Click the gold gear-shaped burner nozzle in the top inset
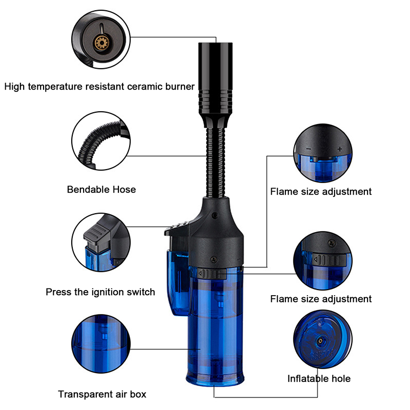tap(101, 43)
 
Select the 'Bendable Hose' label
tap(101, 190)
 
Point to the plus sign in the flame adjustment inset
tap(340, 149)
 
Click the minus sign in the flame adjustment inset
tap(309, 149)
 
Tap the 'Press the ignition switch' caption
tap(100, 292)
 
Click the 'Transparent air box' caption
tap(102, 394)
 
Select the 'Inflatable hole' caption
tap(319, 379)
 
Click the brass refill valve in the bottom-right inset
tap(320, 341)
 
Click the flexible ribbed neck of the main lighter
tap(216, 162)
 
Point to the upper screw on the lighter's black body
tap(215, 215)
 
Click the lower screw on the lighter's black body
tap(214, 259)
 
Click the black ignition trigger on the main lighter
tap(177, 228)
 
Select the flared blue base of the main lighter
tap(215, 375)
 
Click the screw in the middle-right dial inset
tap(332, 242)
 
